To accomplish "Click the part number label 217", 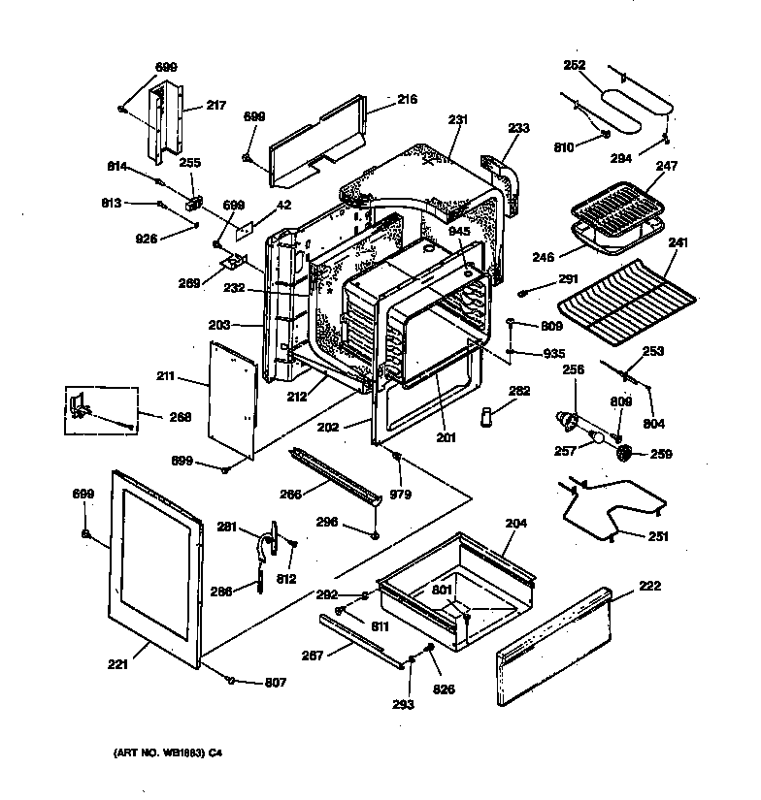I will [215, 106].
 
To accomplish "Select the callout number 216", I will [407, 99].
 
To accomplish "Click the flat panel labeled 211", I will [234, 398].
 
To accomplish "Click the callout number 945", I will [458, 230].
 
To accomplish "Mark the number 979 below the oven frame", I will [400, 495].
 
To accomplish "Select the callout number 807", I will [277, 682].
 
